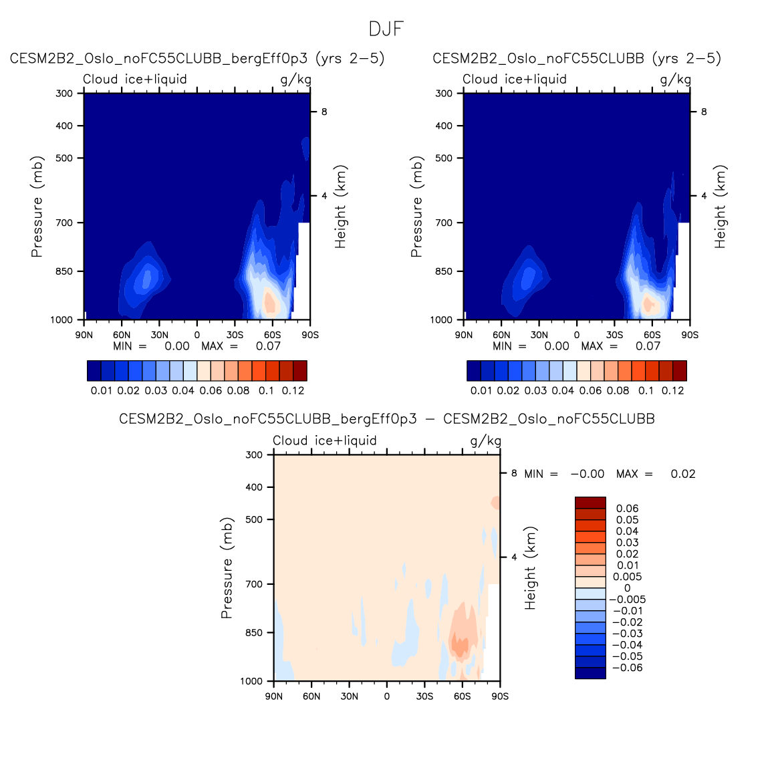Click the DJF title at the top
coord(386,29)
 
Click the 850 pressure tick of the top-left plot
coord(64,271)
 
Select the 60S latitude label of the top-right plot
coord(652,335)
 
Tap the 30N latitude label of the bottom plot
coord(349,696)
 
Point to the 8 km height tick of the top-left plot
coord(324,112)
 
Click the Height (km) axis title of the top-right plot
coord(720,207)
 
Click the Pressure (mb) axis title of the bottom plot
coord(227,567)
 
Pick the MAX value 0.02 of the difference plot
coord(682,474)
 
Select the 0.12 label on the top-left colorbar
coord(293,390)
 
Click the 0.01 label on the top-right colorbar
coord(481,390)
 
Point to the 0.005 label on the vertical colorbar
coord(628,577)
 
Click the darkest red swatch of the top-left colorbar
coord(300,371)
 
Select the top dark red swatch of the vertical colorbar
coord(590,503)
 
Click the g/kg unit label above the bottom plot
coord(485,440)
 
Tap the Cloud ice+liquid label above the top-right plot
coord(515,79)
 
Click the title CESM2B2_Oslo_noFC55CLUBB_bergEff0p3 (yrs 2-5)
coord(197,58)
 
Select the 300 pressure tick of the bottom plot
coord(254,455)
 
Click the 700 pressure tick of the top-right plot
coord(444,223)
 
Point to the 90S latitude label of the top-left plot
coord(310,335)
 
